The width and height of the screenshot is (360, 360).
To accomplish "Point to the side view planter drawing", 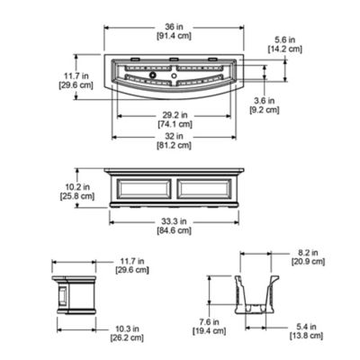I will (76, 294).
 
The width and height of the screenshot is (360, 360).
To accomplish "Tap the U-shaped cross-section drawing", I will (259, 292).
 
